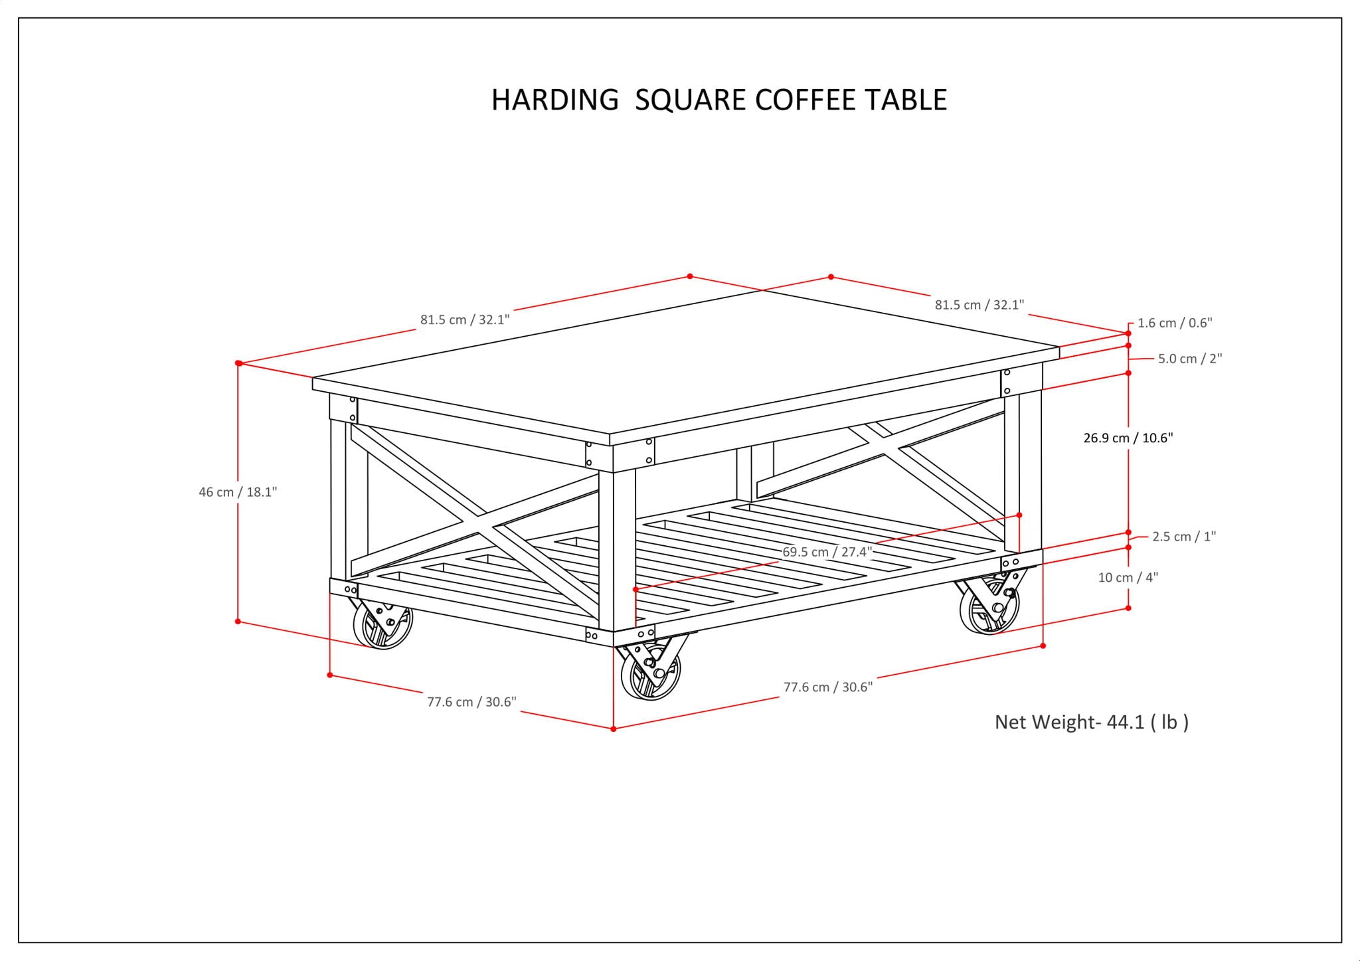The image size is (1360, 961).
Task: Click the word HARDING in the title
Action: [x=554, y=100]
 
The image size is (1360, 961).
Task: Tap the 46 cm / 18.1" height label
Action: [x=238, y=492]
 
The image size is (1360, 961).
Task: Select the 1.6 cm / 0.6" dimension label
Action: [x=1175, y=323]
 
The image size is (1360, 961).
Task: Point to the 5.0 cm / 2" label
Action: [x=1190, y=359]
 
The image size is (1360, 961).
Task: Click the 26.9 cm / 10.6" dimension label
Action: [x=1128, y=438]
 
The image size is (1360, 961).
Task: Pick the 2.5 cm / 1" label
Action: [x=1184, y=537]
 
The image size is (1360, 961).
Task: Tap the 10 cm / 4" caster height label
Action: [x=1128, y=578]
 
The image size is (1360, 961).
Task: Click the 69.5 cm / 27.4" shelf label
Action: [x=827, y=552]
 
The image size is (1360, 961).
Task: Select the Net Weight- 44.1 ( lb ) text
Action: [x=1091, y=722]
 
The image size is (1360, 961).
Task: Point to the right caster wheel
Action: [x=989, y=608]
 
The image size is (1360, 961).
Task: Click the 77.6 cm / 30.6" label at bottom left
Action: [x=471, y=702]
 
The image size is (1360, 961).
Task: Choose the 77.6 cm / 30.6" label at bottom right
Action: [x=828, y=687]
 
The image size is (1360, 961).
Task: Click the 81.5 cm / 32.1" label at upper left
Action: [x=465, y=319]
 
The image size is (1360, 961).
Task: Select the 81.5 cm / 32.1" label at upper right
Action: [x=979, y=305]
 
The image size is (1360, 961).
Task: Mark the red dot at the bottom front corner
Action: [x=614, y=729]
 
